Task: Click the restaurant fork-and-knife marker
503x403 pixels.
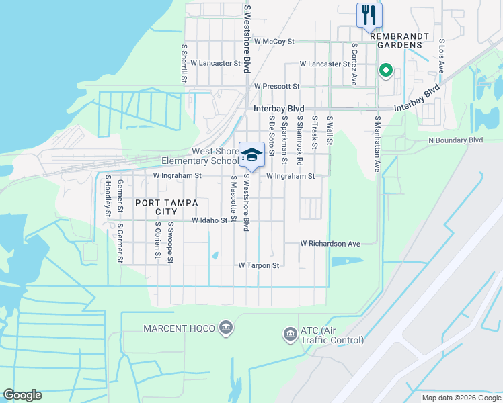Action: tap(369, 15)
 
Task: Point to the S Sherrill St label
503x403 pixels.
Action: tap(184, 64)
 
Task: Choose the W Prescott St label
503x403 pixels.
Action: tap(276, 86)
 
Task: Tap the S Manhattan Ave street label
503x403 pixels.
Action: tap(377, 144)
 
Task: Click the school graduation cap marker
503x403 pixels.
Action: tap(251, 155)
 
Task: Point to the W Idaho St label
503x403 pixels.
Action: tap(210, 220)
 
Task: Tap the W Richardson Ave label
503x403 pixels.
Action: tap(330, 243)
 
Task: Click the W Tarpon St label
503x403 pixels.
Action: tap(258, 265)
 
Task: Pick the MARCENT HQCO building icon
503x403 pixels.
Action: tap(226, 328)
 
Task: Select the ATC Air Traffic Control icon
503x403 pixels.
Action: tap(290, 334)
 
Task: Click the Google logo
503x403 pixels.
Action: tap(22, 395)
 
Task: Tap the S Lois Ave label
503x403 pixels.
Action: tap(442, 56)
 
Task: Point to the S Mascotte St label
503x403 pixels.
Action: tap(233, 199)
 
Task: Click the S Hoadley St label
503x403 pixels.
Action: tap(108, 196)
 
